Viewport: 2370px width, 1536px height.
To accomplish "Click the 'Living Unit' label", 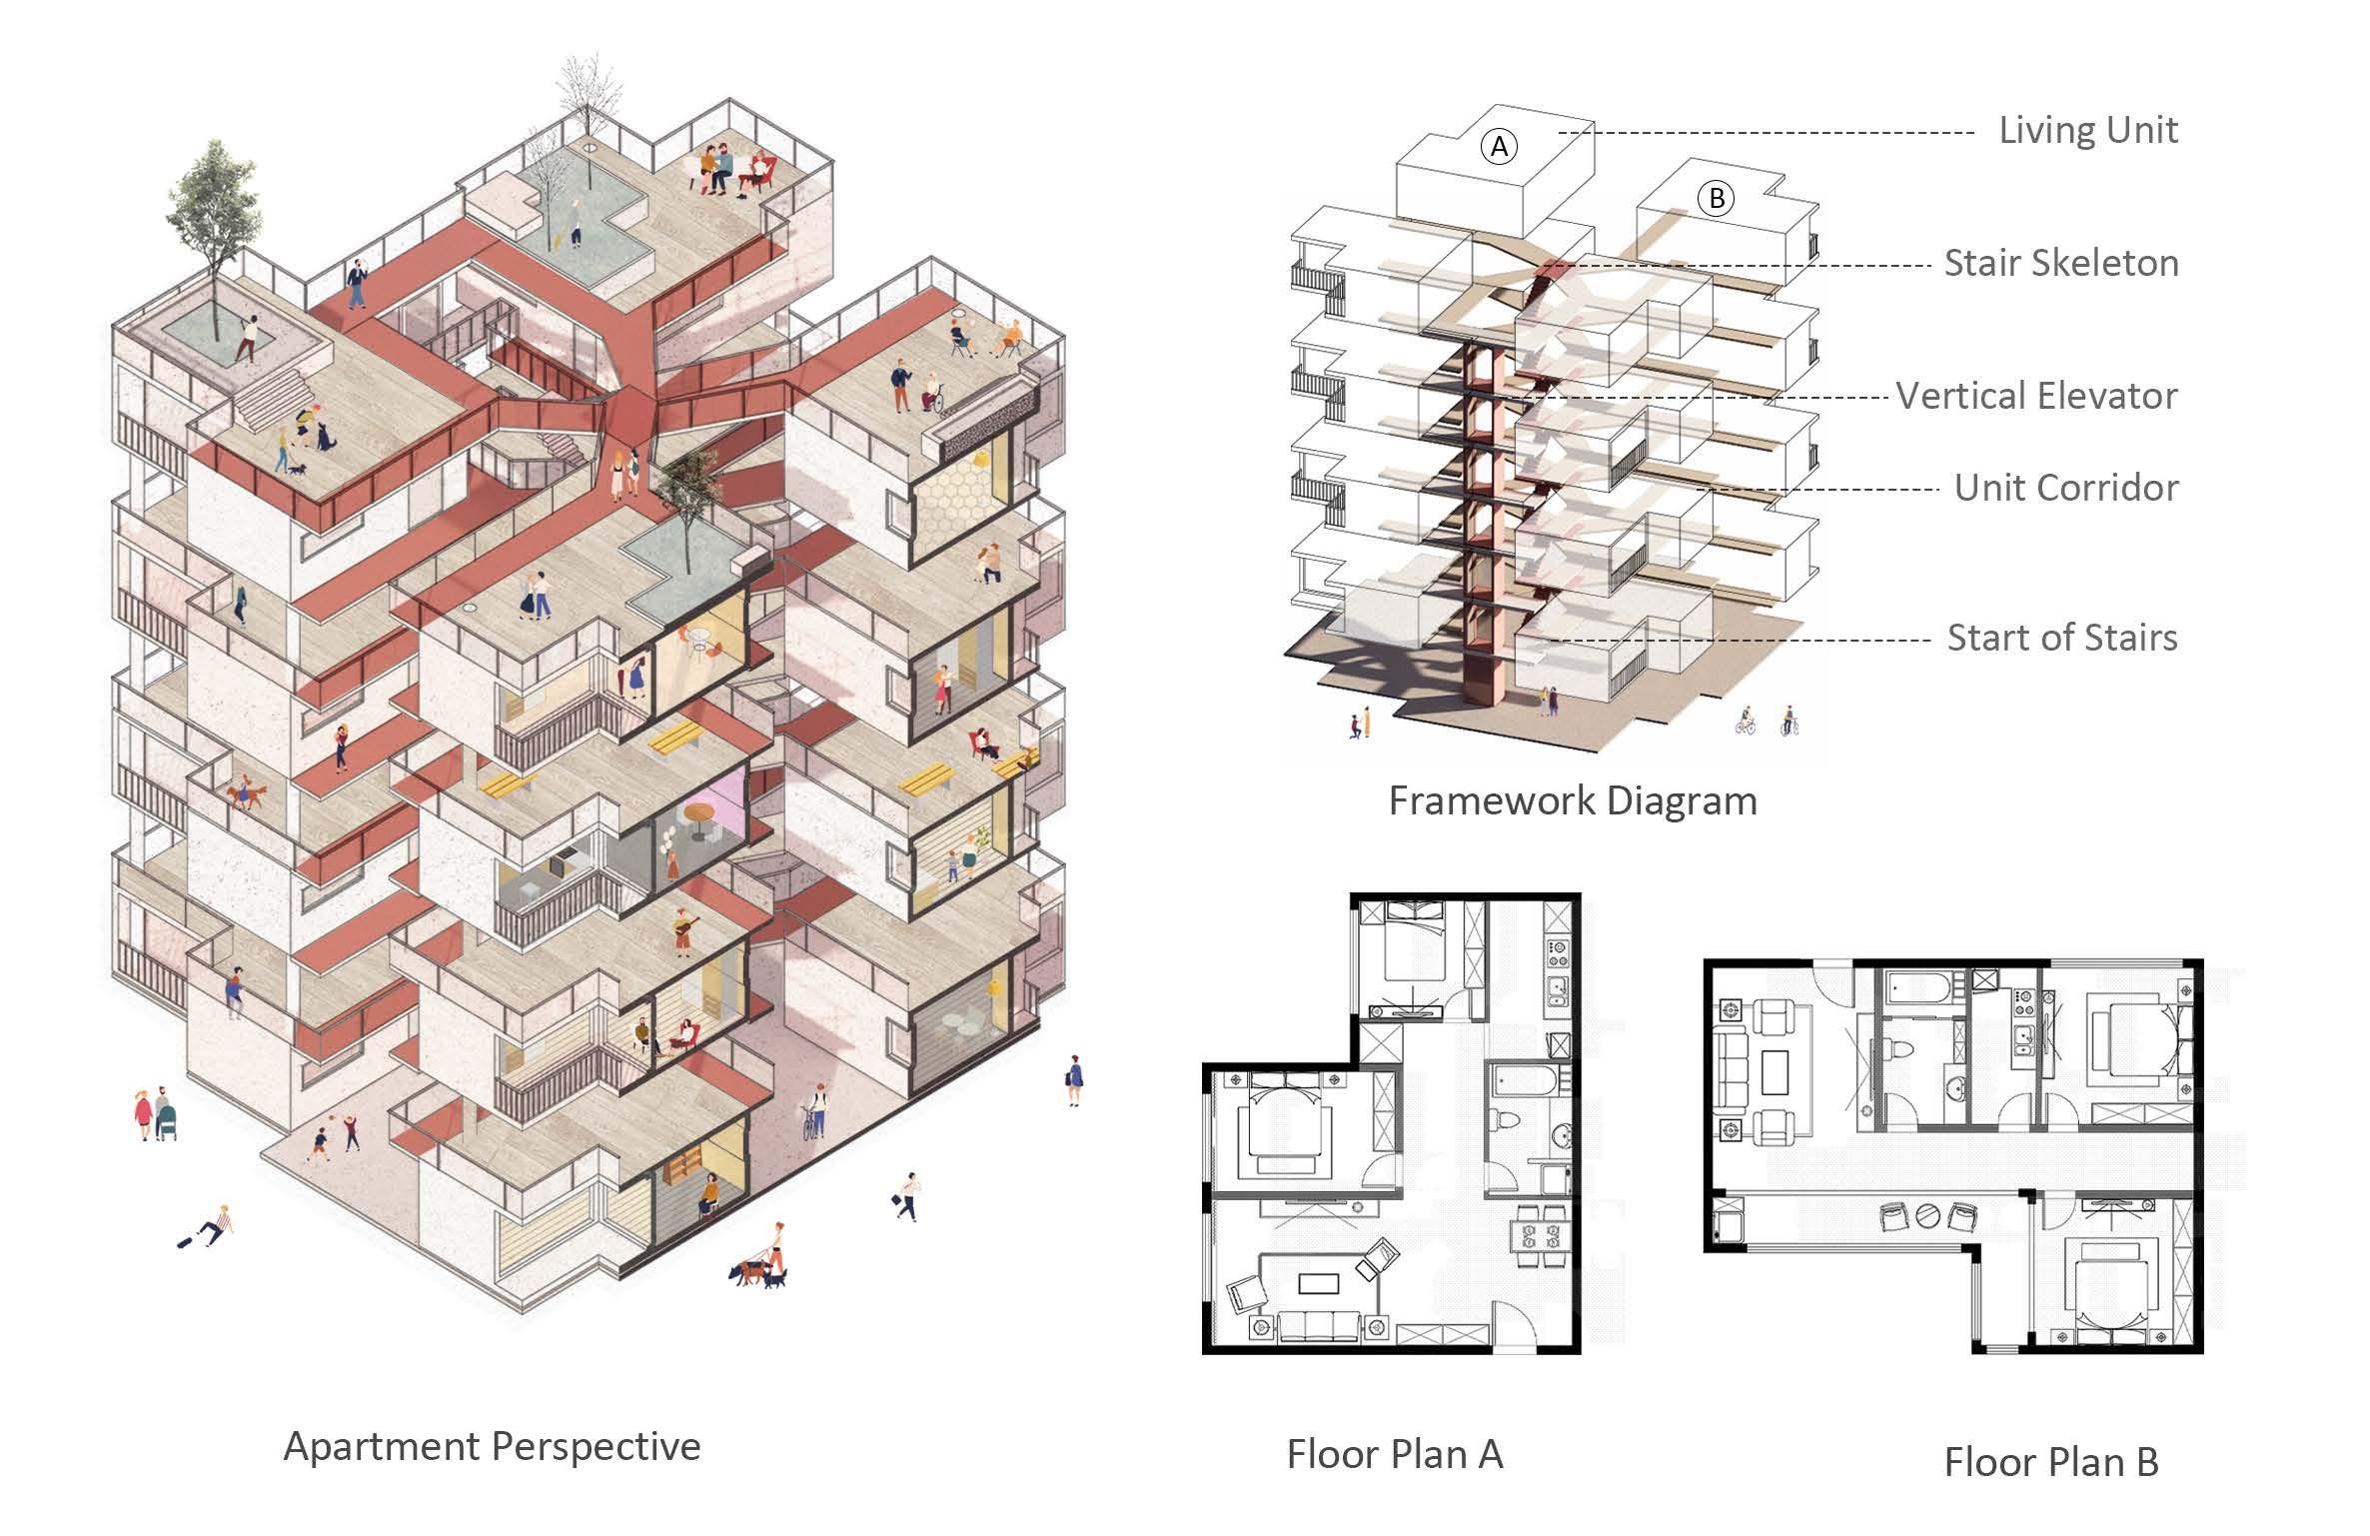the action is click(x=2087, y=131).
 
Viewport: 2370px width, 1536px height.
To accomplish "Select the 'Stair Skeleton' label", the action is click(x=2060, y=263).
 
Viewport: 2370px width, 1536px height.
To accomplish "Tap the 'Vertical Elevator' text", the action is click(x=2036, y=396).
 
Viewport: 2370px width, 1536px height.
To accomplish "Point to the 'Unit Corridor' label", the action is click(x=2065, y=488).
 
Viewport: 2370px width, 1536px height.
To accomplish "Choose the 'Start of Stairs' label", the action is click(x=2061, y=638).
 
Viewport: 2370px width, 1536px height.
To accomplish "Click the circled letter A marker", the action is click(x=1499, y=147).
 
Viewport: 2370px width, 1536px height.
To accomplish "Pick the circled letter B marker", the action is click(x=1717, y=198).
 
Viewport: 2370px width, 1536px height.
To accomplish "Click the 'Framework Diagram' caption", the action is click(x=1572, y=800).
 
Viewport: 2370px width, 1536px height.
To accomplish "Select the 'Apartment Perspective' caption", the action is click(x=492, y=1446).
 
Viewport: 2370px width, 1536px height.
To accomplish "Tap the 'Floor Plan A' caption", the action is click(x=1394, y=1454).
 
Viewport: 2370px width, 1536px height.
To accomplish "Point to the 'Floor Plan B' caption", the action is click(x=2050, y=1462).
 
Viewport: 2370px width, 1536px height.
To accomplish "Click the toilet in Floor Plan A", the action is click(x=1505, y=1121).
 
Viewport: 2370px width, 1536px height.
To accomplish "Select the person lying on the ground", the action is click(x=208, y=1228).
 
